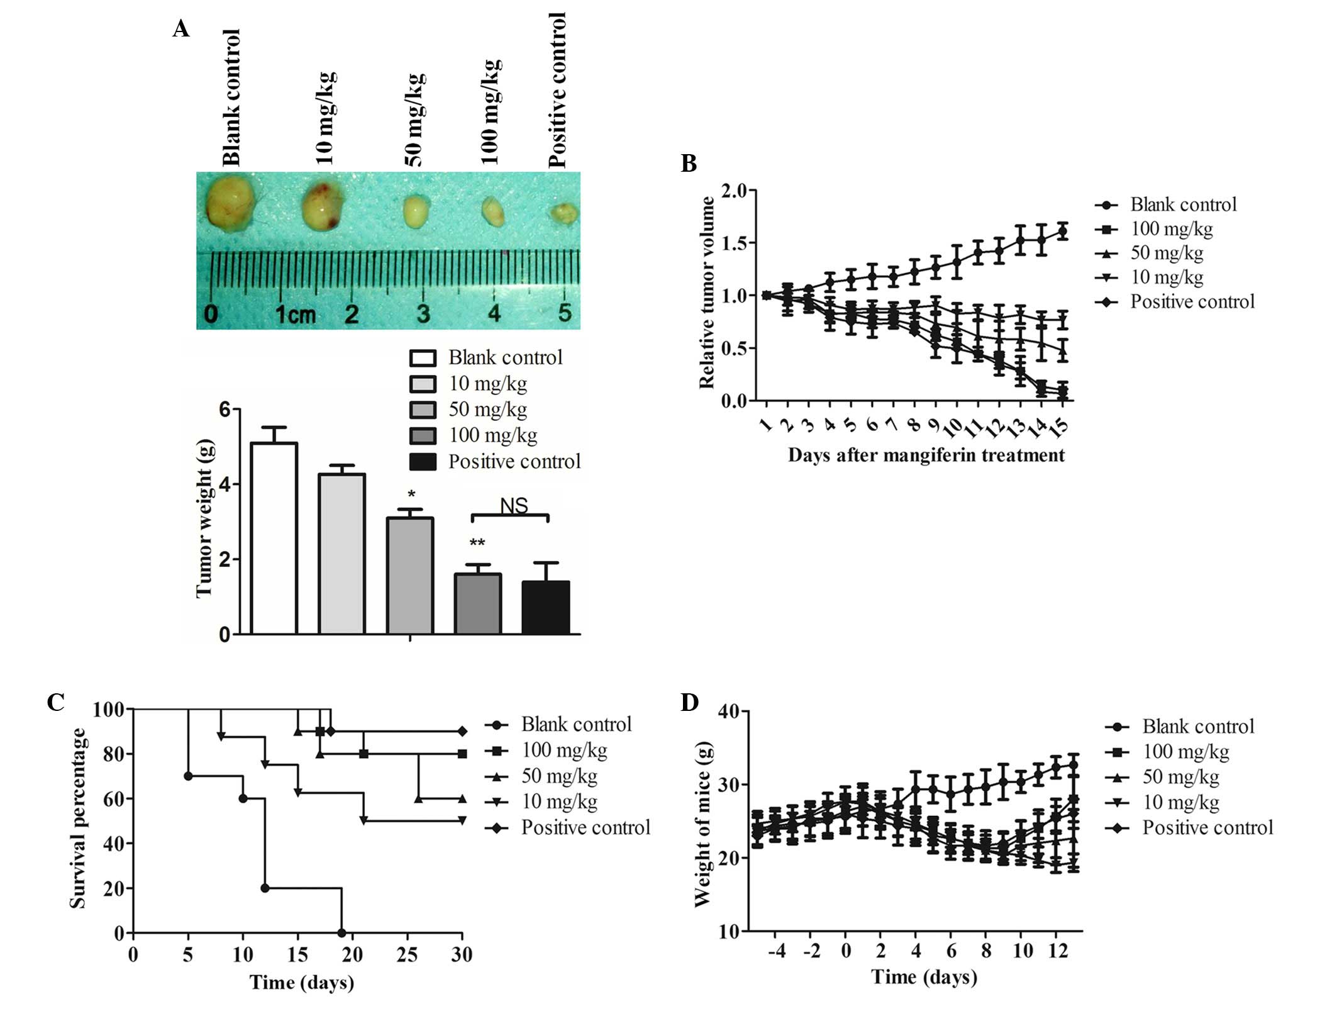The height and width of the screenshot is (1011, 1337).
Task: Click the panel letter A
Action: (x=181, y=29)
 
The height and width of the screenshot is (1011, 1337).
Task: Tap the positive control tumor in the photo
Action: (x=564, y=214)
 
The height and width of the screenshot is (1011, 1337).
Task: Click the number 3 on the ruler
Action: (x=423, y=313)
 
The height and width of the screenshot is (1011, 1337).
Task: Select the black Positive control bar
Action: (x=546, y=607)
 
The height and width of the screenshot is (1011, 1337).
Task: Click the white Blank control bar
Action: (x=274, y=538)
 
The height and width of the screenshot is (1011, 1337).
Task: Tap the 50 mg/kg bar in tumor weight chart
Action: (x=410, y=575)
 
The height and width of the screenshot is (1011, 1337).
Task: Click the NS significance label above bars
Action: (x=514, y=505)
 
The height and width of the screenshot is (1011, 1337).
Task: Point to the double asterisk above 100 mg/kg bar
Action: (x=477, y=542)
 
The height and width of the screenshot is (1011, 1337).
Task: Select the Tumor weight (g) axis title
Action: (x=205, y=518)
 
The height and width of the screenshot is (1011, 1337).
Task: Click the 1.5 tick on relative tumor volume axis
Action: (x=738, y=243)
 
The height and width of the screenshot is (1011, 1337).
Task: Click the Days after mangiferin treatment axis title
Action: (x=926, y=455)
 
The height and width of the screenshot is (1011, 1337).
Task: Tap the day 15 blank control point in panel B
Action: (x=1062, y=231)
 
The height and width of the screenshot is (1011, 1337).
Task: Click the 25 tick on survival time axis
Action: (x=408, y=954)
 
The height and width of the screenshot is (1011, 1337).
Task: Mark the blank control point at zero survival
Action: (x=341, y=932)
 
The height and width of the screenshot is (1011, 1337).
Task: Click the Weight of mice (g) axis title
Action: (x=703, y=824)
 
